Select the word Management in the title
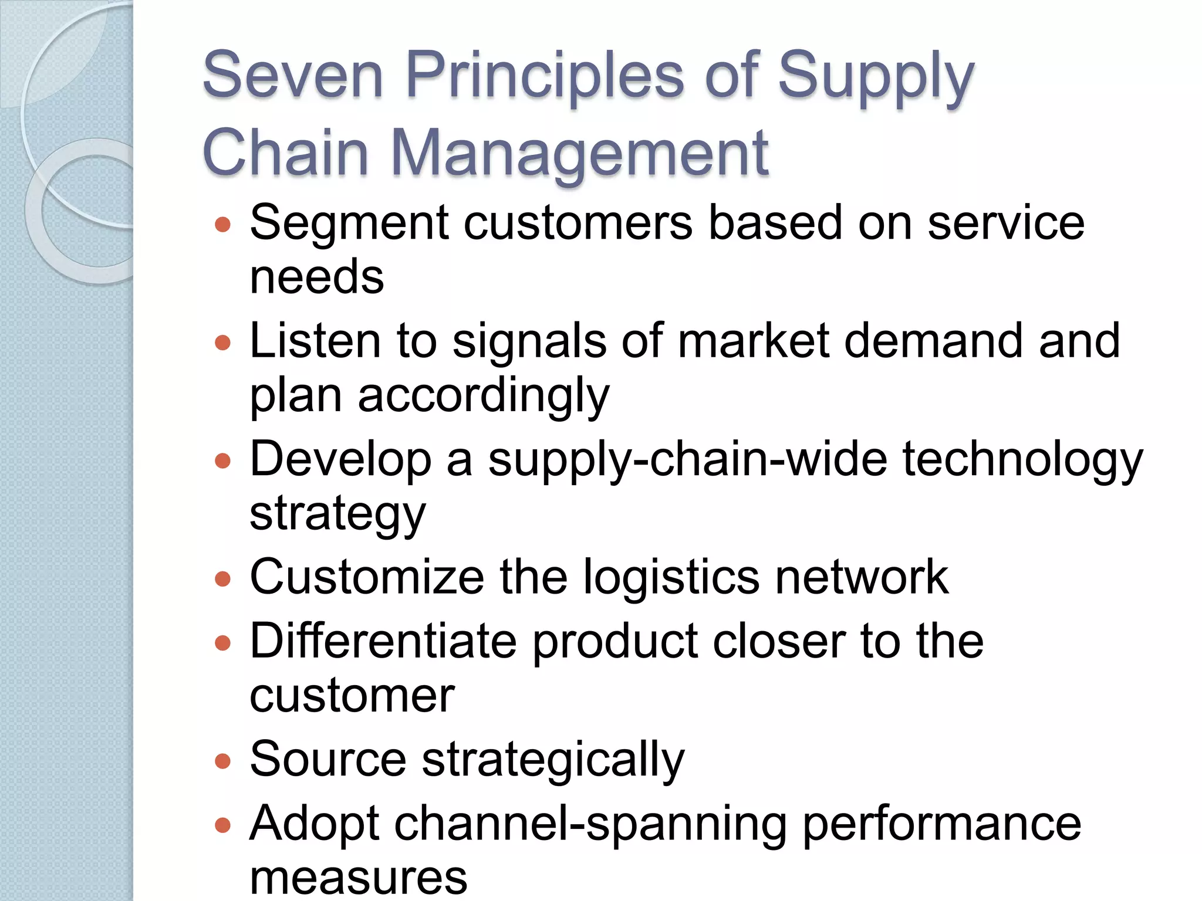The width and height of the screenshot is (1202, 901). point(579,154)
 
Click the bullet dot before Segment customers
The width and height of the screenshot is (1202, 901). point(223,225)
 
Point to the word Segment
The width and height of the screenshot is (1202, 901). point(350,224)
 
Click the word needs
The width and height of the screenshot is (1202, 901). point(317,277)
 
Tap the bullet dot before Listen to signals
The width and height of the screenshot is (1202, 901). point(223,342)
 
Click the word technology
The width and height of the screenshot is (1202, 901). point(1022,460)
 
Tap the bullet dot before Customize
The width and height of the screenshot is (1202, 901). point(223,580)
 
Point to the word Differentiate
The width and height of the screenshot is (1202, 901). point(383,641)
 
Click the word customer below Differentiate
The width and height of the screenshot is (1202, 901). point(352,696)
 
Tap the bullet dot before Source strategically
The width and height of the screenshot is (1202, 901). point(223,761)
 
